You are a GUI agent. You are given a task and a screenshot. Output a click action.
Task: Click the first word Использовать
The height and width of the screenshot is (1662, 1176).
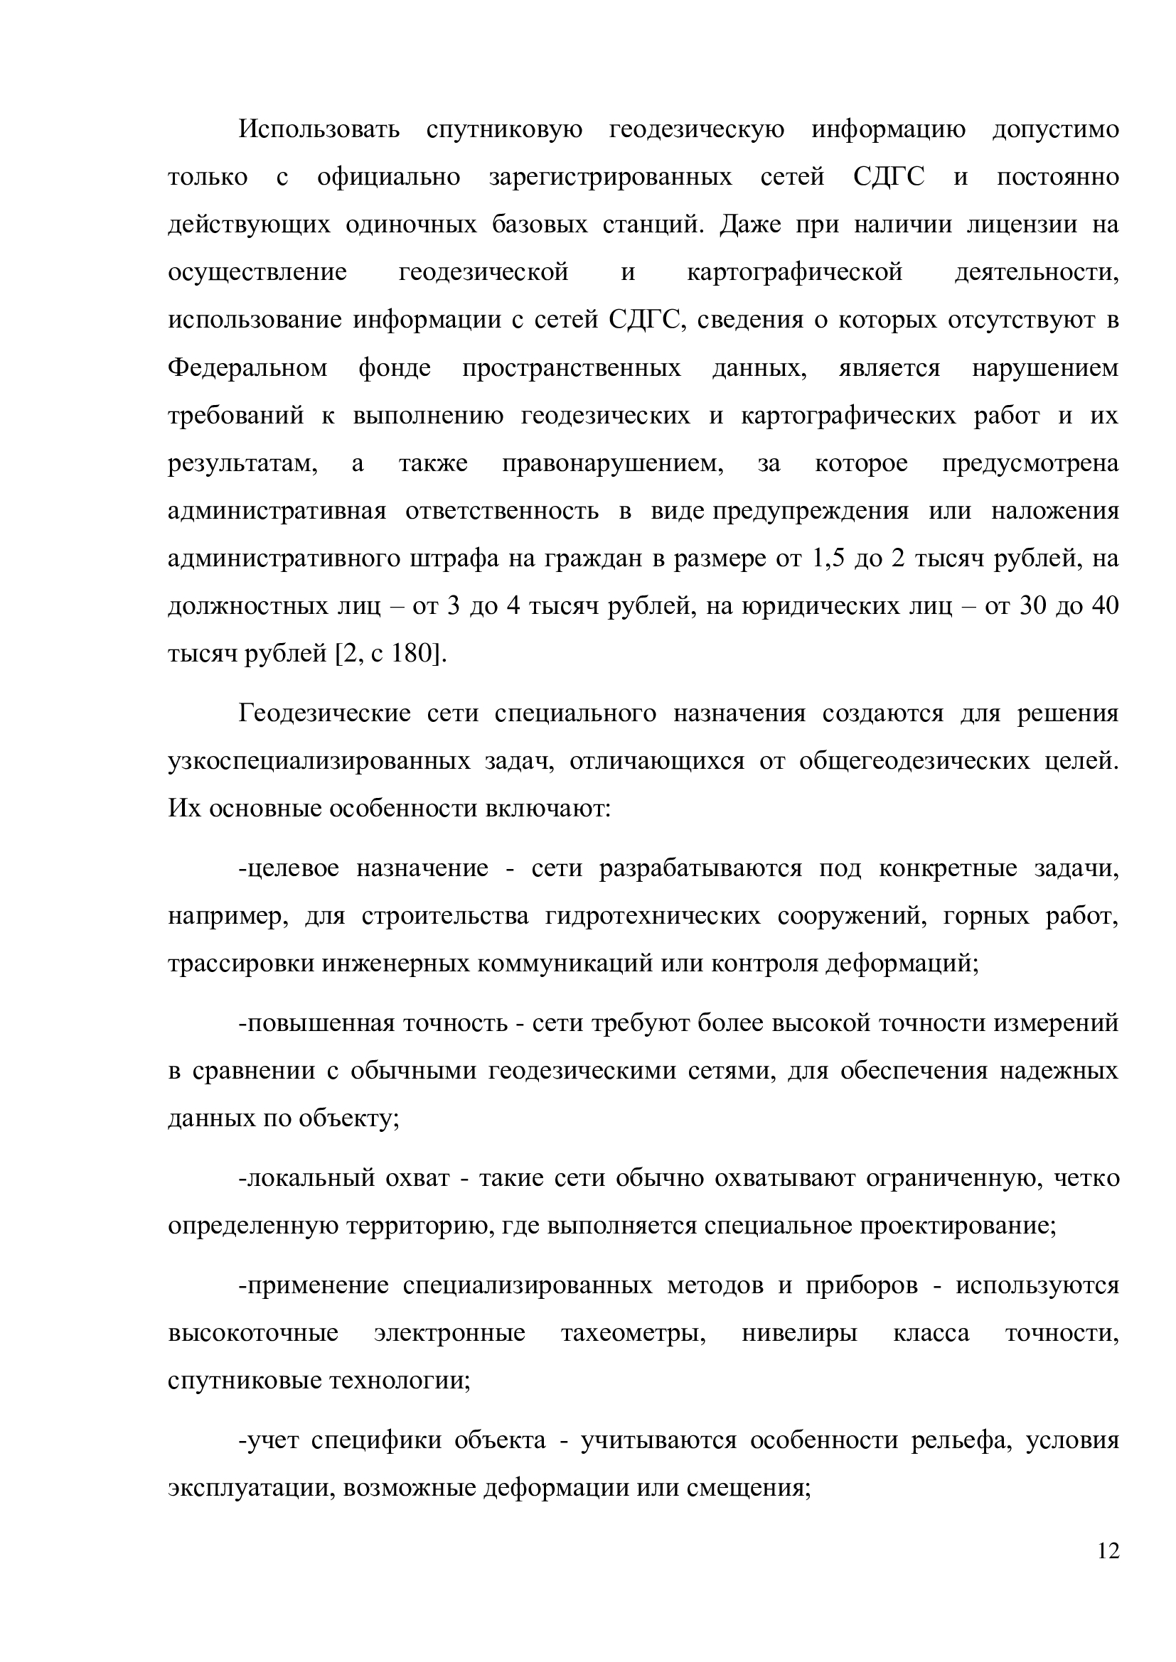tap(319, 129)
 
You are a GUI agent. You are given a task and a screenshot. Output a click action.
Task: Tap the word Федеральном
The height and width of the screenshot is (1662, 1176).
tap(247, 369)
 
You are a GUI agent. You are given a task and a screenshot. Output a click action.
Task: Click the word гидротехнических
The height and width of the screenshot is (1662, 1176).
tap(653, 917)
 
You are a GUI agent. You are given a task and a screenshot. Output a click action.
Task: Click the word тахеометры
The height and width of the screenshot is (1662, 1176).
tap(634, 1333)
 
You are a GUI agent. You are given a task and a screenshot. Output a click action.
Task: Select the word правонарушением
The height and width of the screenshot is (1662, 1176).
tap(613, 463)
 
